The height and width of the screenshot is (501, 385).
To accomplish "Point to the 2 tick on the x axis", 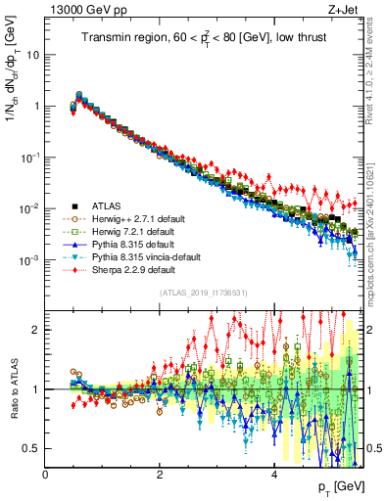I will pos(160,475).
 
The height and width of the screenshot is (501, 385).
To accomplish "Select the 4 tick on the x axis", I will pos(274,475).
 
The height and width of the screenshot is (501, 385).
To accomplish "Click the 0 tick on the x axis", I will pos(46,475).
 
